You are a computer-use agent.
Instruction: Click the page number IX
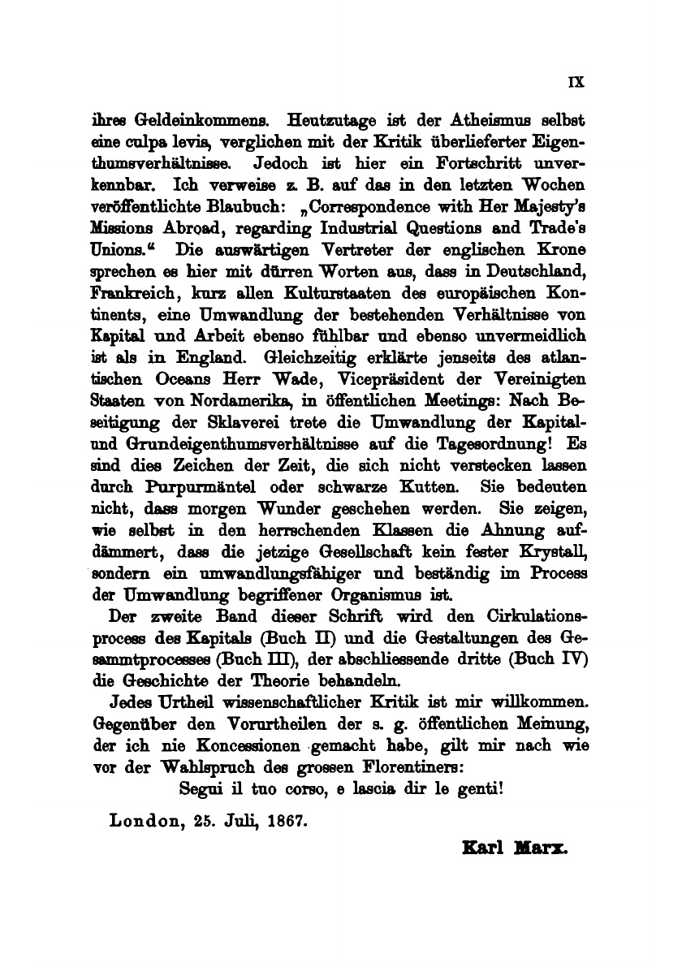[x=577, y=81]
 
